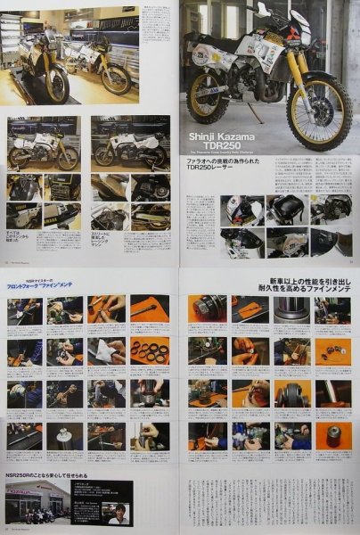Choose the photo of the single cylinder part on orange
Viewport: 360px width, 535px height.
pos(331,437)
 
